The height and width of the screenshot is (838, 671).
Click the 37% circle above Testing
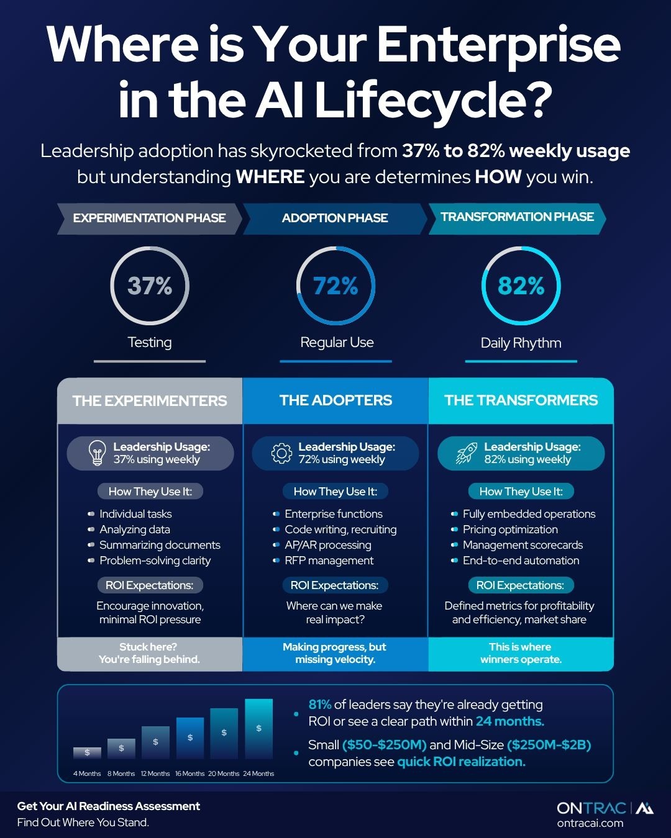point(150,286)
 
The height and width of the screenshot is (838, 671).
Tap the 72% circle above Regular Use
point(335,286)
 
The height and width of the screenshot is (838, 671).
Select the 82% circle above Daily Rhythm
point(521,286)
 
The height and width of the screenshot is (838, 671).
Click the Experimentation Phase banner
point(149,219)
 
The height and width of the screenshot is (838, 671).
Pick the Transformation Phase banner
point(517,217)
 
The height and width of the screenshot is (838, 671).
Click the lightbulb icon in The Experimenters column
point(97,453)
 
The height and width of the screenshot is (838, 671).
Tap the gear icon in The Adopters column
point(281,453)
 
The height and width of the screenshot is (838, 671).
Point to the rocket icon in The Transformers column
point(467,453)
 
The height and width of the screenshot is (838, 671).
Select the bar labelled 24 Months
point(258,729)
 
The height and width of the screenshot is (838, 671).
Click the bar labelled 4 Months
point(87,752)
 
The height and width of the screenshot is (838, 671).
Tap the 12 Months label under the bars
point(155,773)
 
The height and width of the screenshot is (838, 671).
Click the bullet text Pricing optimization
point(510,529)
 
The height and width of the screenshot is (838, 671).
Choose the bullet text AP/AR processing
point(327,545)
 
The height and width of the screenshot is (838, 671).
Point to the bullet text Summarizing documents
point(160,545)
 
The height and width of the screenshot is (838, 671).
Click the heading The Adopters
point(335,400)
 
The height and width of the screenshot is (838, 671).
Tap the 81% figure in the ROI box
point(320,705)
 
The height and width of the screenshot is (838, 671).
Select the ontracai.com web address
point(590,823)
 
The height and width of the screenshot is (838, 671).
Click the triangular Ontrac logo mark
point(645,808)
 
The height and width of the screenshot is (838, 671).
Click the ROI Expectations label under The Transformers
point(520,585)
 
